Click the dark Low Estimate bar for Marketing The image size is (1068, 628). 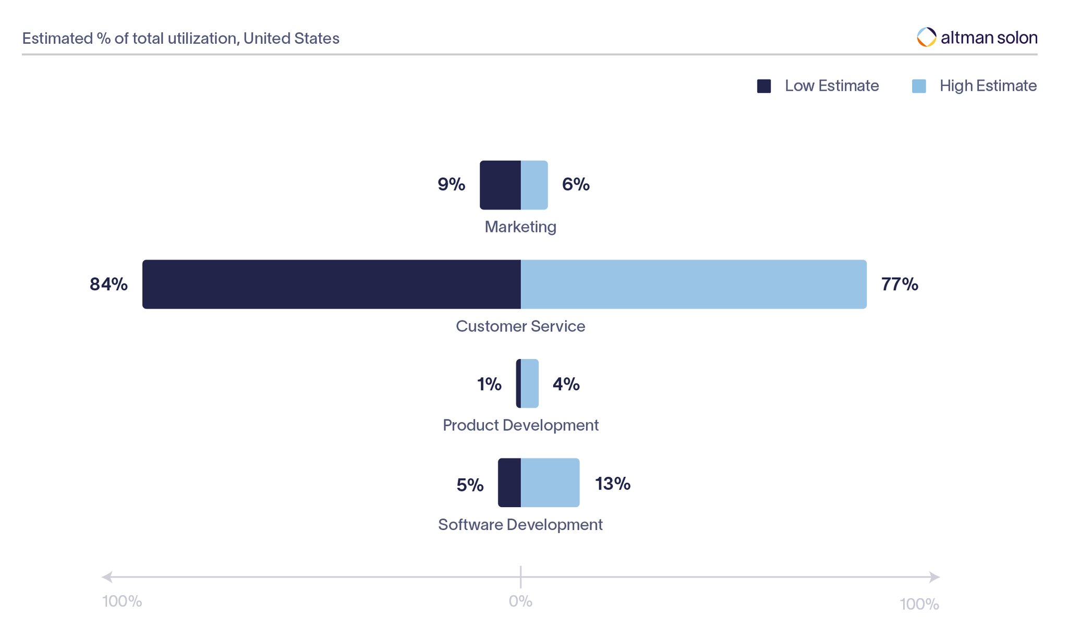point(500,185)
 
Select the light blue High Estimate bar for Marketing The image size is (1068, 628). point(534,185)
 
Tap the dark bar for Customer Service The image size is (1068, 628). point(331,284)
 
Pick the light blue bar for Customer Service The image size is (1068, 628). point(694,284)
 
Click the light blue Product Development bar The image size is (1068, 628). point(530,383)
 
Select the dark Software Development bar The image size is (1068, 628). point(509,483)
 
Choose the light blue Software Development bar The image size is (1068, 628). point(550,483)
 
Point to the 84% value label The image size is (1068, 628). point(108,284)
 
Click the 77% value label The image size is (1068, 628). point(900,284)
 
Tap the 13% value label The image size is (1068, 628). point(613,484)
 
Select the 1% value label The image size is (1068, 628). point(489,384)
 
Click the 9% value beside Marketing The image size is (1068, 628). point(451,184)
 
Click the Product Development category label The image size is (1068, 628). point(520,425)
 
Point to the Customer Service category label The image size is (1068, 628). point(520,326)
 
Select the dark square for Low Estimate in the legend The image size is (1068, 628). point(764,86)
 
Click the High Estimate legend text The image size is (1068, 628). point(988,86)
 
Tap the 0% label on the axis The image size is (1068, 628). point(520,601)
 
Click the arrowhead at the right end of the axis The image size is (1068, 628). point(934,577)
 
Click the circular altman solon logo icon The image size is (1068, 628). point(927,37)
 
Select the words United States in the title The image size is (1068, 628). point(291,39)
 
